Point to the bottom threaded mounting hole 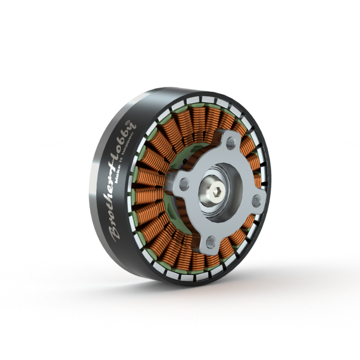210,242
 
